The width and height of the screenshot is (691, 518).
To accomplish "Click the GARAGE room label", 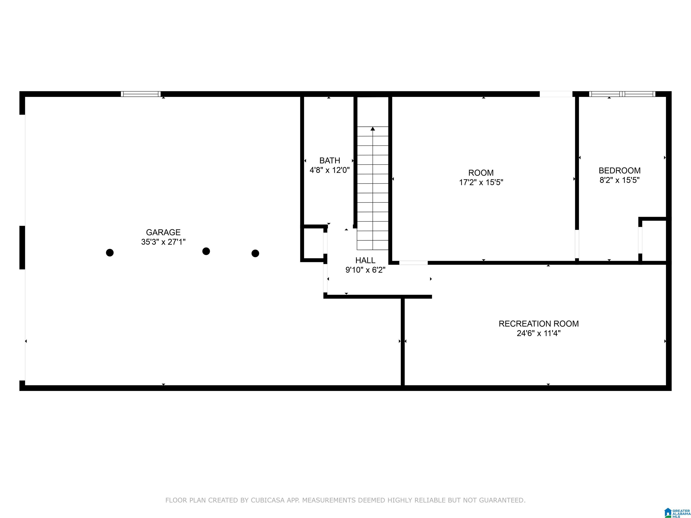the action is coord(163,232).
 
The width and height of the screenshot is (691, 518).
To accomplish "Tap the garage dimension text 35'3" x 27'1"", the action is coord(163,242).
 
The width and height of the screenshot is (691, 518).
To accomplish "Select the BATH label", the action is coord(330,161).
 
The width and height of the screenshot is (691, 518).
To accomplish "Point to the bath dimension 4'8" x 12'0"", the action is coord(330,170).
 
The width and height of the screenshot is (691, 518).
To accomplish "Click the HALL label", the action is coord(365,260).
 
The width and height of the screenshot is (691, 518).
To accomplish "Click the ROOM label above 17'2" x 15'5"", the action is coord(481,173).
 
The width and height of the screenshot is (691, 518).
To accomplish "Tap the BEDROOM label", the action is coord(619,170).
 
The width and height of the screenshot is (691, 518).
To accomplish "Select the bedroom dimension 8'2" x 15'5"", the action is coord(619,180).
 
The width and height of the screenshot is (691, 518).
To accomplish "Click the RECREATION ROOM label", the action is coord(538,324).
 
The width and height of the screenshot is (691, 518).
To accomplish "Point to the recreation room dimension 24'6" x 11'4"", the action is coord(538,333).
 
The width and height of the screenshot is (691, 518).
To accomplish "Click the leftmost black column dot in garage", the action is coord(110,253).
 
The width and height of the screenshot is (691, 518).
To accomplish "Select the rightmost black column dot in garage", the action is coord(255,253).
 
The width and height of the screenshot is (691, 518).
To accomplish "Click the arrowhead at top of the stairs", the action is coord(373,129).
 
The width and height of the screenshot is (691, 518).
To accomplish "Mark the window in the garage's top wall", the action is coord(141,94).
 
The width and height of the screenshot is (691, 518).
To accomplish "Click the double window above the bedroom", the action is coord(622,94).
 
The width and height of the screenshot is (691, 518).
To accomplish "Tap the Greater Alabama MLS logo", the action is coord(677,512).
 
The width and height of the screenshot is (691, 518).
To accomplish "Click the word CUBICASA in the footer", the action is coord(267,500).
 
